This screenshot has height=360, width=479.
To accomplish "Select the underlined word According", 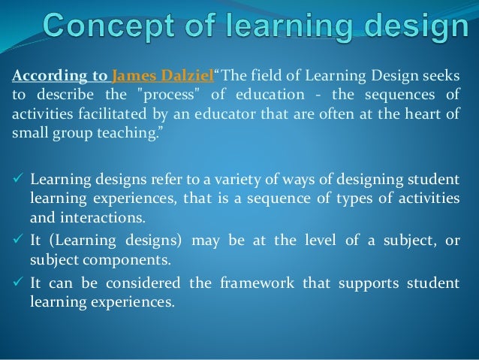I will tap(41, 76).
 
